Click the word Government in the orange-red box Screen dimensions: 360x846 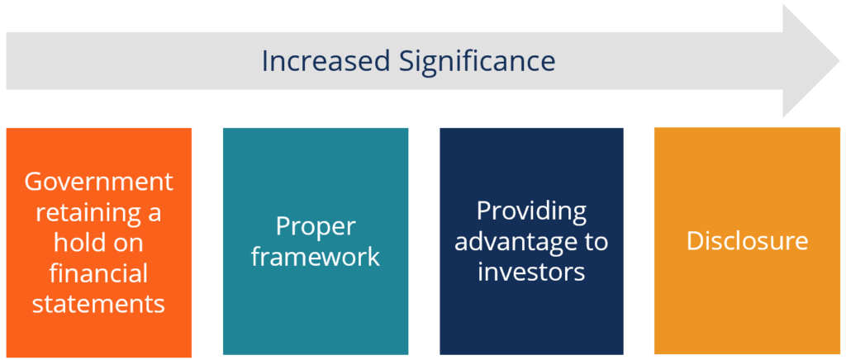click(99, 181)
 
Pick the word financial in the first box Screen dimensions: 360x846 click(99, 272)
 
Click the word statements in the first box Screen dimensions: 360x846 click(99, 303)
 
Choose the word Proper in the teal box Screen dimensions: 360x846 click(315, 226)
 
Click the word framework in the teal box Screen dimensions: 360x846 click(316, 256)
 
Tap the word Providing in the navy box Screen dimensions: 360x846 click(531, 211)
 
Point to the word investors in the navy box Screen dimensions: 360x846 click(531, 271)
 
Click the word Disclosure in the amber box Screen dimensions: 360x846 click(747, 241)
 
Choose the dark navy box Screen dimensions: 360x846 click(531, 322)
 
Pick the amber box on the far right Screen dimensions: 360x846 click(747, 314)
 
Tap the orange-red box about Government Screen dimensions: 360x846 click(99, 339)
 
